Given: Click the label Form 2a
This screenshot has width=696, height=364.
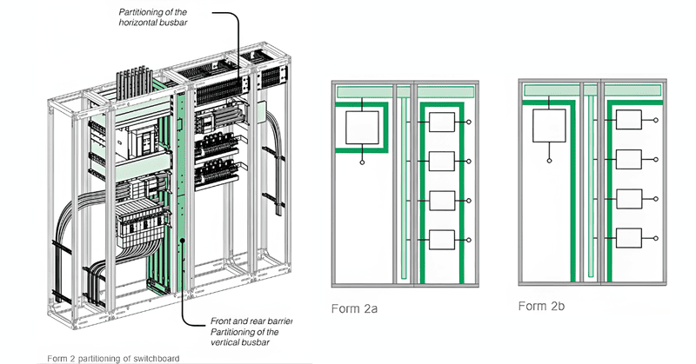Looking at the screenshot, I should click(352, 308).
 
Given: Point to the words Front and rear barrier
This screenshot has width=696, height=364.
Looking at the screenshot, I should click(252, 321).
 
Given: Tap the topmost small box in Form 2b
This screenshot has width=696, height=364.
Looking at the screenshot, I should click(629, 121).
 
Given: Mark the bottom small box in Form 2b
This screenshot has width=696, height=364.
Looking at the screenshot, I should click(629, 237).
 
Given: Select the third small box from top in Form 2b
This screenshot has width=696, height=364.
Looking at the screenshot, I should click(629, 199).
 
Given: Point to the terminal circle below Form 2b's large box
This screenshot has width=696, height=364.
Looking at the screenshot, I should click(549, 161).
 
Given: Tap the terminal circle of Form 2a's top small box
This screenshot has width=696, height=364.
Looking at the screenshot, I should click(470, 122).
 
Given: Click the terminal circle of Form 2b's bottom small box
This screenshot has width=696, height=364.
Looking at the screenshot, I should click(657, 237).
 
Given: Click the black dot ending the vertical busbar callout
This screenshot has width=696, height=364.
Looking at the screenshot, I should click(184, 240).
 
